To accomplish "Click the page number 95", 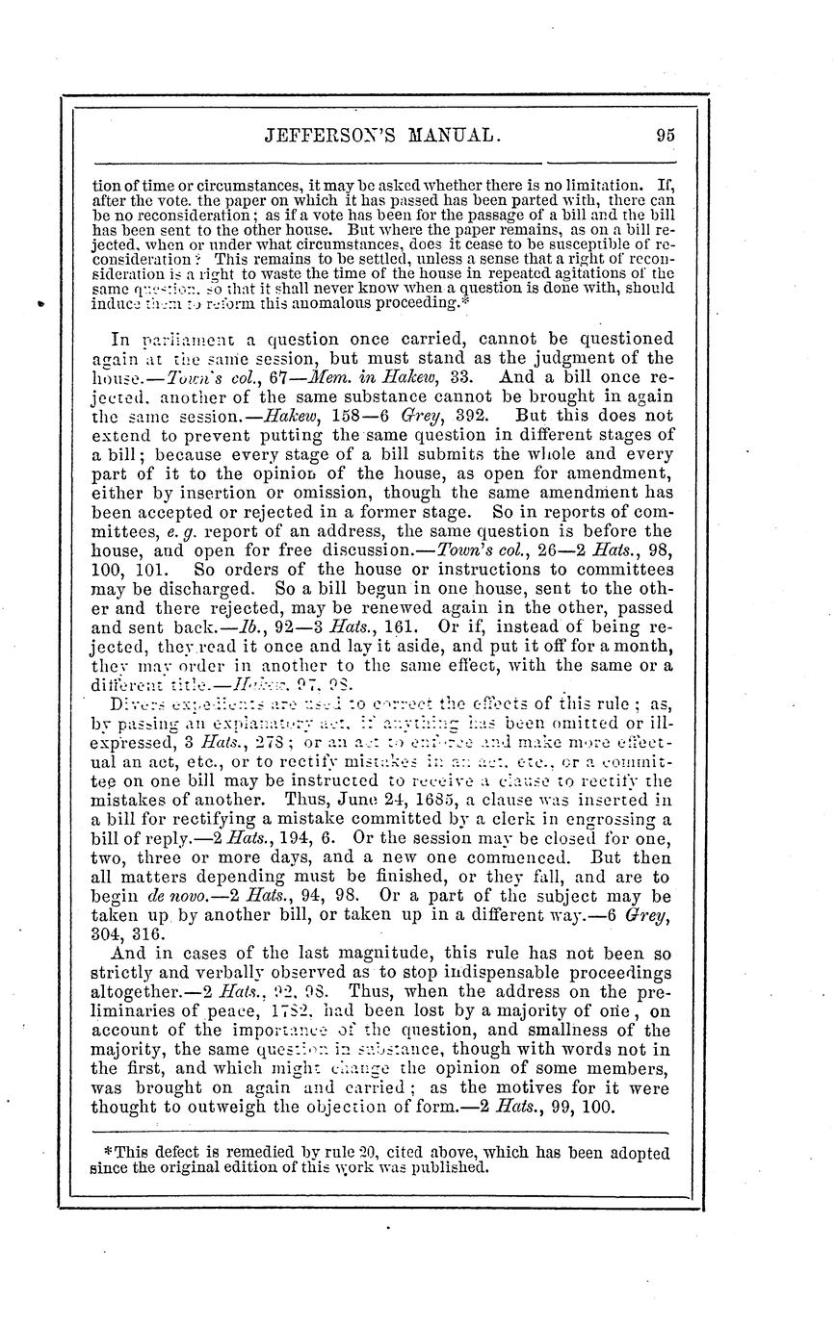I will (x=664, y=135).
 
